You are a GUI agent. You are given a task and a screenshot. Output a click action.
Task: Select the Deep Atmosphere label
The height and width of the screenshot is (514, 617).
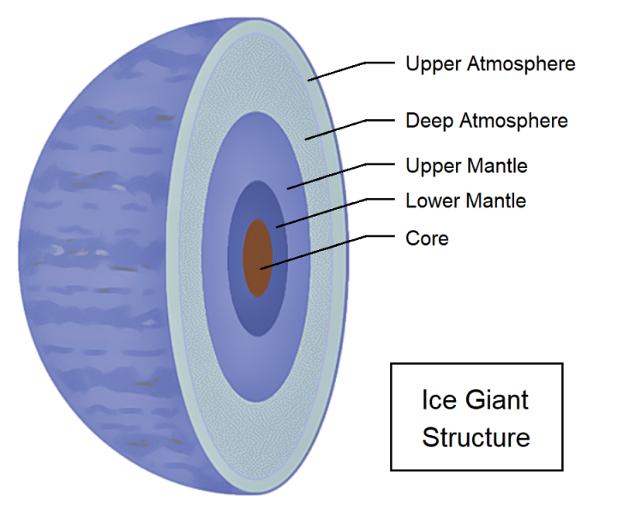[x=486, y=121]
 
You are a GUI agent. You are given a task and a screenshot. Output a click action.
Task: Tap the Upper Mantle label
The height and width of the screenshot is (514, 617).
[x=466, y=165]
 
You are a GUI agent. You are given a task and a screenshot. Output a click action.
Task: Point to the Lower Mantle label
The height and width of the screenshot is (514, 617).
[x=465, y=201]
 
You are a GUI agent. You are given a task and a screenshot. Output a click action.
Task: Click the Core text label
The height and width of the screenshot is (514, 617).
[x=427, y=237]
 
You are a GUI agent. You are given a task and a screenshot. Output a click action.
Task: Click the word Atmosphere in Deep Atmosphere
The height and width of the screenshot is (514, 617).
[x=513, y=121]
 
